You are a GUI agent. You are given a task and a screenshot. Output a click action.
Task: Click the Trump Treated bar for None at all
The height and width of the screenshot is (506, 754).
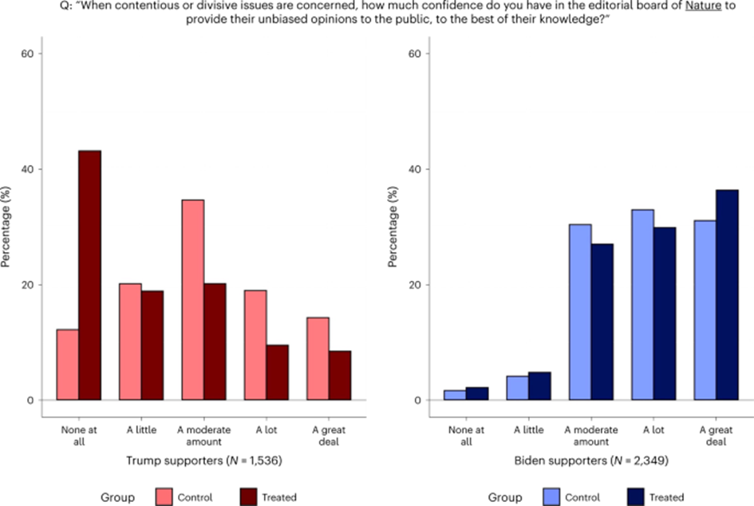pos(89,275)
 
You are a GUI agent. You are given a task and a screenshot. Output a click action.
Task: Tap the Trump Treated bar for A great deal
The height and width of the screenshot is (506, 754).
pos(340,375)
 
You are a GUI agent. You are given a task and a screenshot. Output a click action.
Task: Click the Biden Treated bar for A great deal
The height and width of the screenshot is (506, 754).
pos(727,295)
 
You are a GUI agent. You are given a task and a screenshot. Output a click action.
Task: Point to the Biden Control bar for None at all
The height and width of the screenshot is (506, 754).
pos(454,395)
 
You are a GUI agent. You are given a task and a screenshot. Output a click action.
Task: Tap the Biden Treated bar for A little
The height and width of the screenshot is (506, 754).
pos(539,386)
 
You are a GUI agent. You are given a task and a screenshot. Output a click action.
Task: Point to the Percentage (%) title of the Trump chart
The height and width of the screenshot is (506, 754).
pos(7,226)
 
